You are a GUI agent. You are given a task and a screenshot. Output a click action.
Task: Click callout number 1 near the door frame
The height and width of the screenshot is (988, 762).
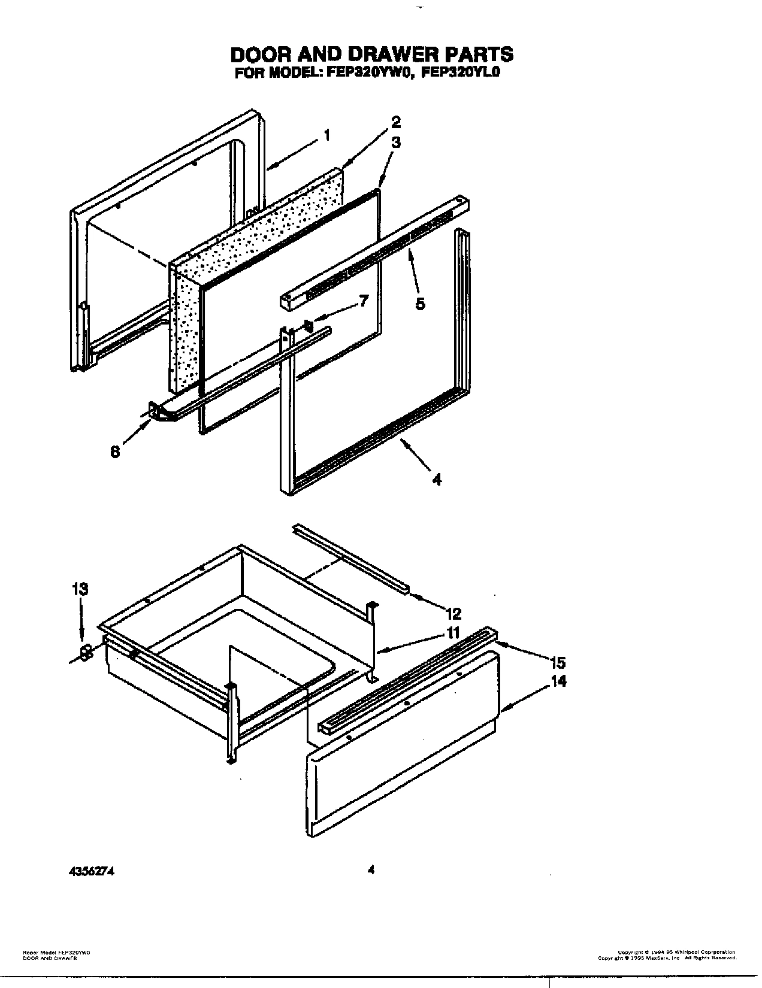pyautogui.click(x=326, y=136)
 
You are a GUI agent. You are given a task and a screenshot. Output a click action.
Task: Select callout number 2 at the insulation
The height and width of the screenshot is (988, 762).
pyautogui.click(x=396, y=123)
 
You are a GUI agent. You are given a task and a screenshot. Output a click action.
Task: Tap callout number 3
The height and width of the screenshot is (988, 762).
pyautogui.click(x=396, y=143)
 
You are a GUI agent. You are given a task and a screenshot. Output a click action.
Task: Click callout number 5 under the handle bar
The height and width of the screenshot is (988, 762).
pyautogui.click(x=421, y=304)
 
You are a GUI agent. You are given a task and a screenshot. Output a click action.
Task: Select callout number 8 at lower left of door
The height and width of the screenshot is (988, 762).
pyautogui.click(x=114, y=452)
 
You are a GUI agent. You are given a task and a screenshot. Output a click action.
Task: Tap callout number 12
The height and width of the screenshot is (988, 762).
pyautogui.click(x=453, y=613)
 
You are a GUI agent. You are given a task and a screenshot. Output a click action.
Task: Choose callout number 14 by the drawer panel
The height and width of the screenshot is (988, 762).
pyautogui.click(x=559, y=681)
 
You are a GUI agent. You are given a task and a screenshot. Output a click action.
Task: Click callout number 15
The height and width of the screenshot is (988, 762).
pyautogui.click(x=558, y=662)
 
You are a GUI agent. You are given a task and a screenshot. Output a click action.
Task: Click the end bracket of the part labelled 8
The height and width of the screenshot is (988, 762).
pyautogui.click(x=153, y=411)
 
